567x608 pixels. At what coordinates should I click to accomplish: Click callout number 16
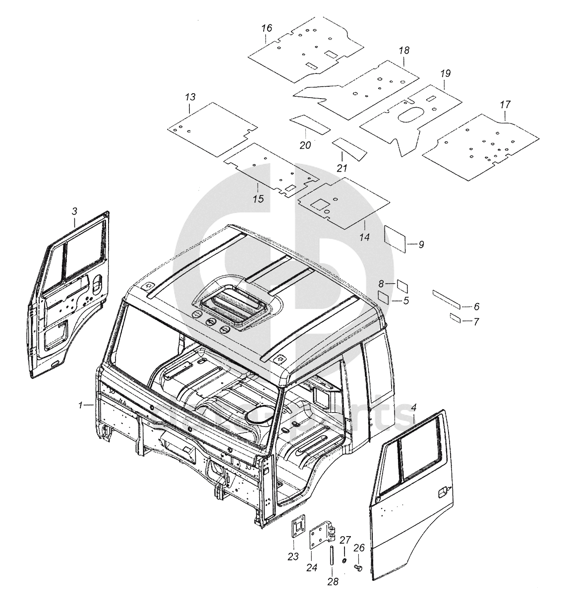point(267,28)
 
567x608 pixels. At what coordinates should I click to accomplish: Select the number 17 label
point(505,105)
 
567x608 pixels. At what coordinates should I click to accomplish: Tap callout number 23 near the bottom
point(293,556)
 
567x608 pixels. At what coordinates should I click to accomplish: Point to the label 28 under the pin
point(333,581)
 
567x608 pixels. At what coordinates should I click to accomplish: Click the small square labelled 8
point(402,286)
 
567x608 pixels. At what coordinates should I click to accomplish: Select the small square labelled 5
point(384,297)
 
